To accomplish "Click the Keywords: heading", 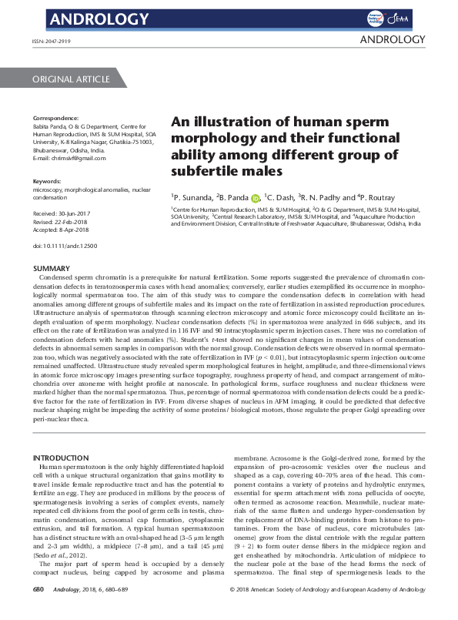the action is point(48,181).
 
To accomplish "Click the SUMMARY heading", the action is point(54,269).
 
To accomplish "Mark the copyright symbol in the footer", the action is point(233,611).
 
